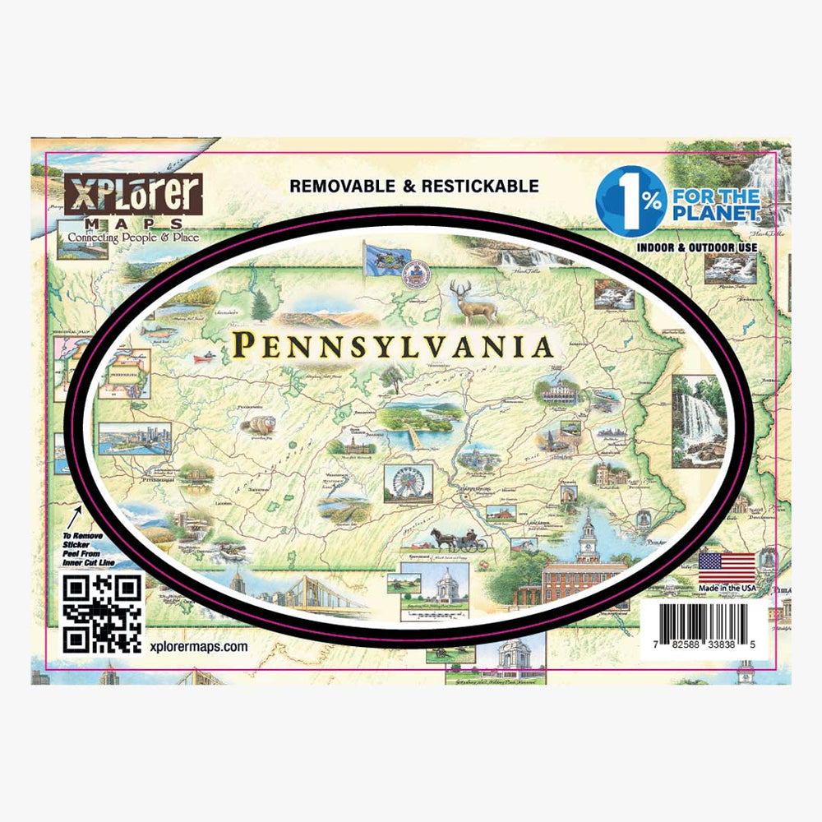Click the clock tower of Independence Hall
[x=589, y=535]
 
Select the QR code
[x=103, y=614]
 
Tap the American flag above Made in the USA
[x=727, y=566]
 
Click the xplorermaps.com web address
[x=200, y=647]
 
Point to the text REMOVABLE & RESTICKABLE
[x=414, y=187]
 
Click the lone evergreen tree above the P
[x=261, y=305]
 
